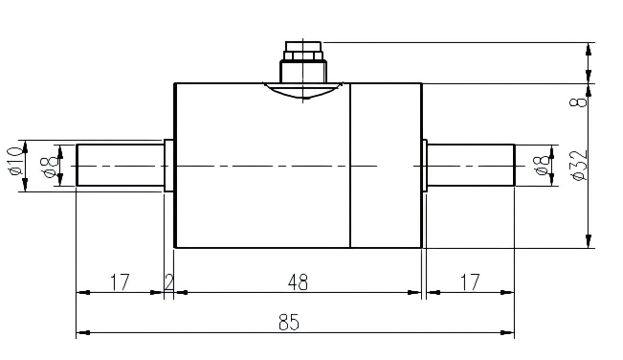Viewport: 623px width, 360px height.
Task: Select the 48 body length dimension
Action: (298, 282)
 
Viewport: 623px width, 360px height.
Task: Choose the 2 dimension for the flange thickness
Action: (169, 282)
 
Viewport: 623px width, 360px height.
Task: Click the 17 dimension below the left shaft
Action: (120, 282)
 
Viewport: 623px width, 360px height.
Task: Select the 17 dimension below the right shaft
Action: (469, 282)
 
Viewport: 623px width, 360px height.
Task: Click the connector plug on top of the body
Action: (302, 62)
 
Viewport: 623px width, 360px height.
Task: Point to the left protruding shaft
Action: (120, 165)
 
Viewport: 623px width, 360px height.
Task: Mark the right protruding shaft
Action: (471, 165)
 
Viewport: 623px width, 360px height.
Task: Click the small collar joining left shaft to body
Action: (169, 165)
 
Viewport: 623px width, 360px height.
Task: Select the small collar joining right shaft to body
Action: (424, 165)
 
